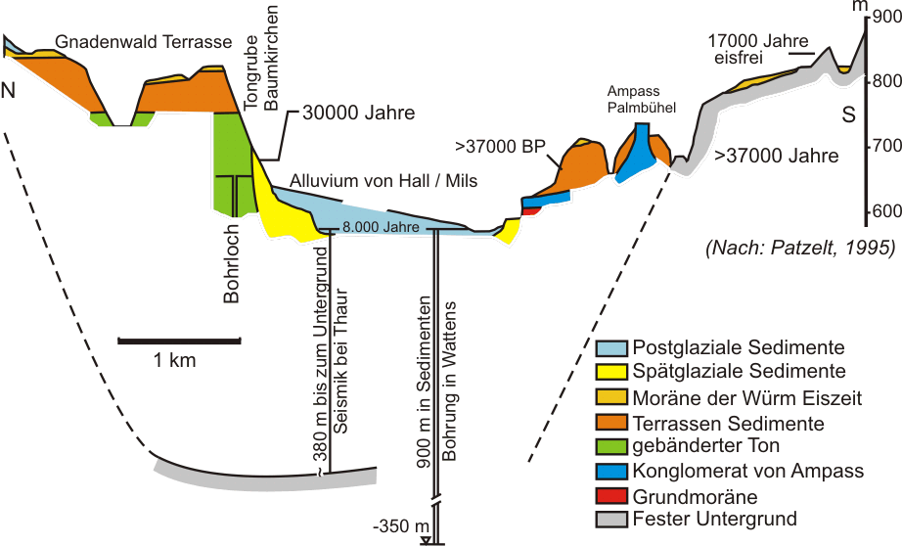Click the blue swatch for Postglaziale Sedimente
611,347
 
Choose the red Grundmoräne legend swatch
611,495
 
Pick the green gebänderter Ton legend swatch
611,446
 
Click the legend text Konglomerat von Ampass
749,471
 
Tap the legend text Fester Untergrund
715,520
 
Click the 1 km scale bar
179,341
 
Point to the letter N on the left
9,92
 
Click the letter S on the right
847,115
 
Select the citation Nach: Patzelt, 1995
800,247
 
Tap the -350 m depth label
395,524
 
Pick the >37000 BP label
500,148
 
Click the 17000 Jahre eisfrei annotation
756,50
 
